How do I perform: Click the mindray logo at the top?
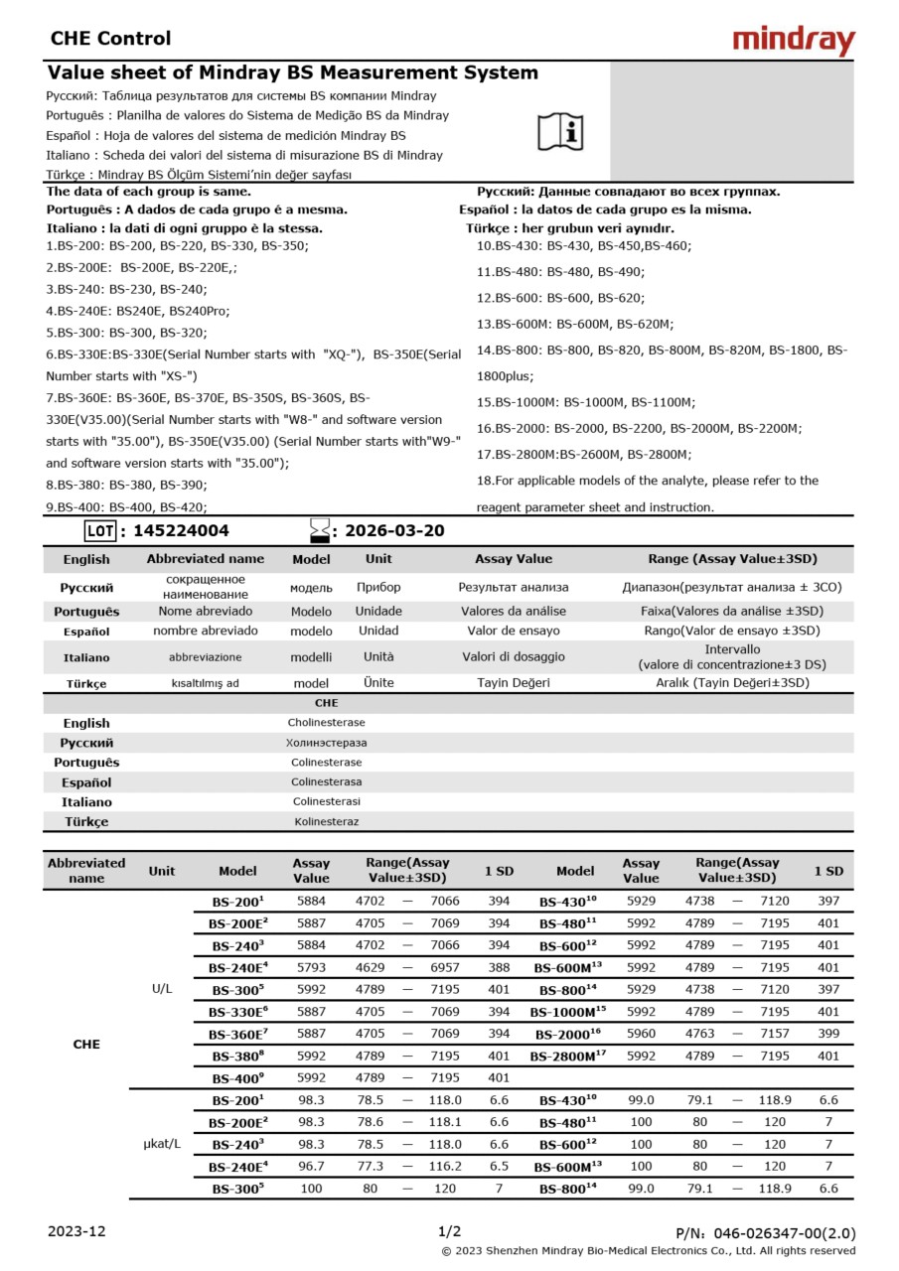coord(793,40)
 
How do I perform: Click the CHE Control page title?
coord(110,39)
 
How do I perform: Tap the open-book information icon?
coord(561,130)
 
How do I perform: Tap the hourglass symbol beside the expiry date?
coord(319,531)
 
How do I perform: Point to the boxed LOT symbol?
coord(100,531)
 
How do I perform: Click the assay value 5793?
coord(311,966)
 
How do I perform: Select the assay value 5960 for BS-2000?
coord(641,1034)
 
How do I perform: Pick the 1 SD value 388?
coord(499,966)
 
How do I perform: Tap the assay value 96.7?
coord(311,1166)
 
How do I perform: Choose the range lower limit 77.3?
coord(370,1166)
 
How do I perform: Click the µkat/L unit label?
coord(162,1144)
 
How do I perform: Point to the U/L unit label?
coord(162,989)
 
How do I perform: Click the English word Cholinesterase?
coord(326,723)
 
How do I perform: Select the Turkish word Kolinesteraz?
coord(326,821)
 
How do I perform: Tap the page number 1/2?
coord(449,1231)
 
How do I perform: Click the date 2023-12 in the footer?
coord(76,1231)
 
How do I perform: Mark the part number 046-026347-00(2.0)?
coord(784,1232)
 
